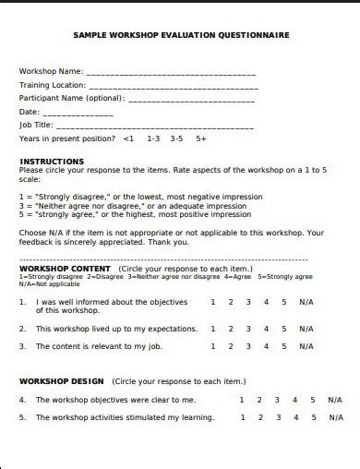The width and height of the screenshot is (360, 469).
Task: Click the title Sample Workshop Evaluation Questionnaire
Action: tap(181, 35)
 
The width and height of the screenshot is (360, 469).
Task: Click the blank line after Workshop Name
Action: tap(171, 72)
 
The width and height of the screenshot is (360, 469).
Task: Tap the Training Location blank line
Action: tap(173, 85)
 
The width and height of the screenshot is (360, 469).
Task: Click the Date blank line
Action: tap(78, 112)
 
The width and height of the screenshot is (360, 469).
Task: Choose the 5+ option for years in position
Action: tap(201, 138)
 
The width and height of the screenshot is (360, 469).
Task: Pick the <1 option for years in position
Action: tap(128, 138)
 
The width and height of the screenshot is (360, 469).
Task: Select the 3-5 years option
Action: tap(176, 138)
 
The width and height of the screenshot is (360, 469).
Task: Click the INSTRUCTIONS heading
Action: tap(53, 161)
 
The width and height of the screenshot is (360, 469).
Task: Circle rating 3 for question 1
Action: tap(248, 302)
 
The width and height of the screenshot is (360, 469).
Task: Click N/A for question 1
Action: tap(306, 302)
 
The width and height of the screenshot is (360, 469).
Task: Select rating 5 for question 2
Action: tap(284, 328)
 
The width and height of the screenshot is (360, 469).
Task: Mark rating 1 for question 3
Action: tap(213, 346)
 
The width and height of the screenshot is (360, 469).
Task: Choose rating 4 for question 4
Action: tap(294, 400)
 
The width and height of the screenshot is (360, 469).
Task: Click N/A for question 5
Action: tap(334, 417)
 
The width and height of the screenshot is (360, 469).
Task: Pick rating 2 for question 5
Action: tap(259, 417)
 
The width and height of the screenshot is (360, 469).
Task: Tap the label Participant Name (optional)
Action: tap(71, 99)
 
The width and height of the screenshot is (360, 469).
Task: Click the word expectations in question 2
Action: tap(168, 329)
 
